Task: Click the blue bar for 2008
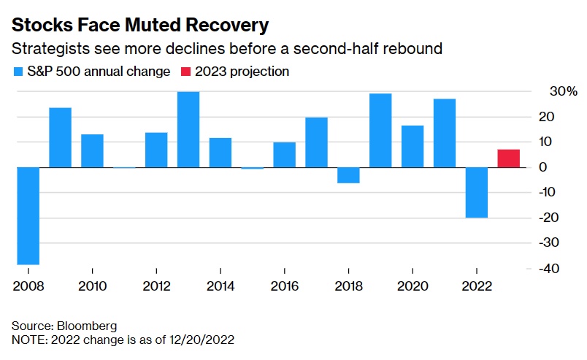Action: (x=28, y=215)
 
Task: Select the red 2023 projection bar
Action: (x=508, y=158)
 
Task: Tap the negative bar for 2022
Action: (x=477, y=192)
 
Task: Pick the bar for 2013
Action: (x=188, y=129)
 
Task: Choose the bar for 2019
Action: (x=380, y=131)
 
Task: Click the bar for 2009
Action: (x=61, y=137)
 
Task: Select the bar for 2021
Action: (x=444, y=133)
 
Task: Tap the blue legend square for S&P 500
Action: (x=18, y=72)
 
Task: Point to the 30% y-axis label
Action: (x=563, y=92)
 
